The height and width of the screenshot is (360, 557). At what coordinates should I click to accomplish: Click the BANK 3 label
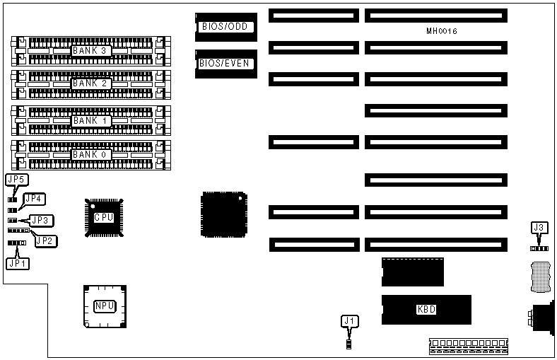pyautogui.click(x=89, y=51)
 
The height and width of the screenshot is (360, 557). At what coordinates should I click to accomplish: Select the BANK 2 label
pyautogui.click(x=89, y=83)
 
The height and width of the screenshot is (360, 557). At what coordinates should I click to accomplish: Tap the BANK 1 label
pyautogui.click(x=89, y=121)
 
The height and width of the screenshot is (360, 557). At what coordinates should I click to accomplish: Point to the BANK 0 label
pyautogui.click(x=89, y=154)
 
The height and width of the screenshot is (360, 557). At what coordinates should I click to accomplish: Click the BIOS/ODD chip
pyautogui.click(x=224, y=28)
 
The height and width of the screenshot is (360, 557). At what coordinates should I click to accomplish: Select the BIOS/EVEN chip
pyautogui.click(x=225, y=63)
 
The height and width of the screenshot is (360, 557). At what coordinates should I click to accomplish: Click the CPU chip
pyautogui.click(x=104, y=217)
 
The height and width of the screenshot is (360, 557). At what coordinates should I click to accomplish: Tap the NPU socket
pyautogui.click(x=105, y=306)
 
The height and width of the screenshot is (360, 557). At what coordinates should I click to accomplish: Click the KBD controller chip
pyautogui.click(x=426, y=309)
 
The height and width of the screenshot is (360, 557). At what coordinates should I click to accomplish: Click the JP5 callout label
pyautogui.click(x=16, y=180)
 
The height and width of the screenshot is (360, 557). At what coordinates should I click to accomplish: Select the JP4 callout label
pyautogui.click(x=35, y=199)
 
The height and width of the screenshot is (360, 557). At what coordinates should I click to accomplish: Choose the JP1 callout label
pyautogui.click(x=16, y=263)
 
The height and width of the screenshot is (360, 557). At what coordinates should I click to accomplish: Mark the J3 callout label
pyautogui.click(x=539, y=228)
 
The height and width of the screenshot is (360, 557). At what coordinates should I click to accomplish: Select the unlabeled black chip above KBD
pyautogui.click(x=412, y=272)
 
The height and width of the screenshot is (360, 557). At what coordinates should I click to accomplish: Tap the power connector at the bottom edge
pyautogui.click(x=468, y=347)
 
